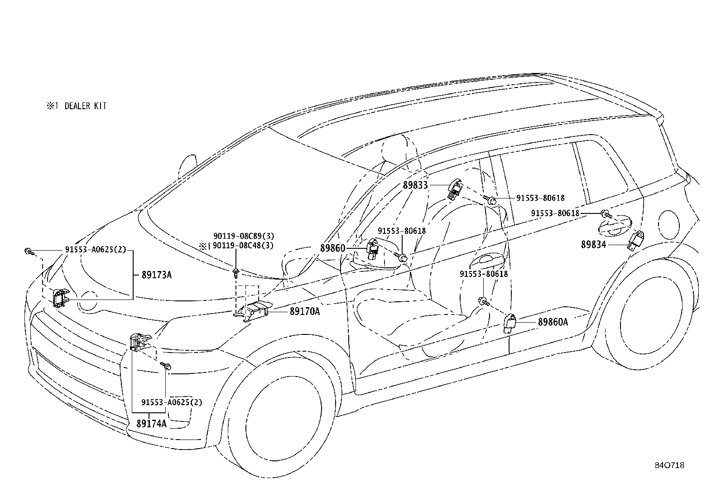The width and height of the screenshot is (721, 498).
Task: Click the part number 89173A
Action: point(157,275)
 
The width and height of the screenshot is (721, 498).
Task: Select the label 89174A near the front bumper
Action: point(152,423)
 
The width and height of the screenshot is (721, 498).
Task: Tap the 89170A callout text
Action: point(305,311)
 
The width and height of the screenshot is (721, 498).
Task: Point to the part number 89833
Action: point(415,185)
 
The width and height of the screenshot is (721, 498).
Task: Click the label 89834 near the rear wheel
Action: point(594,245)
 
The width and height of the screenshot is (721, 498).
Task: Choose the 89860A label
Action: point(553,322)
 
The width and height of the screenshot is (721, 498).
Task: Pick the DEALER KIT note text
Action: point(86,106)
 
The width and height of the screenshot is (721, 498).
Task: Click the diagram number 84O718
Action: point(669,465)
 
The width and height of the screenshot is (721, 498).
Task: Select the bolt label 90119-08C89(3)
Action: point(244,236)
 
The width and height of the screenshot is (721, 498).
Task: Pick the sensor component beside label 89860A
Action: point(510,323)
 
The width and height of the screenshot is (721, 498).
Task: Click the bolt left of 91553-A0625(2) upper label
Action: point(29,251)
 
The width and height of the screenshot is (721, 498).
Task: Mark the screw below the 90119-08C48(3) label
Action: point(236,273)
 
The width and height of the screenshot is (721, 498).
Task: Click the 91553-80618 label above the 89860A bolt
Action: point(483,274)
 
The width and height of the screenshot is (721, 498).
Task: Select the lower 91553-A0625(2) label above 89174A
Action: point(172,402)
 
